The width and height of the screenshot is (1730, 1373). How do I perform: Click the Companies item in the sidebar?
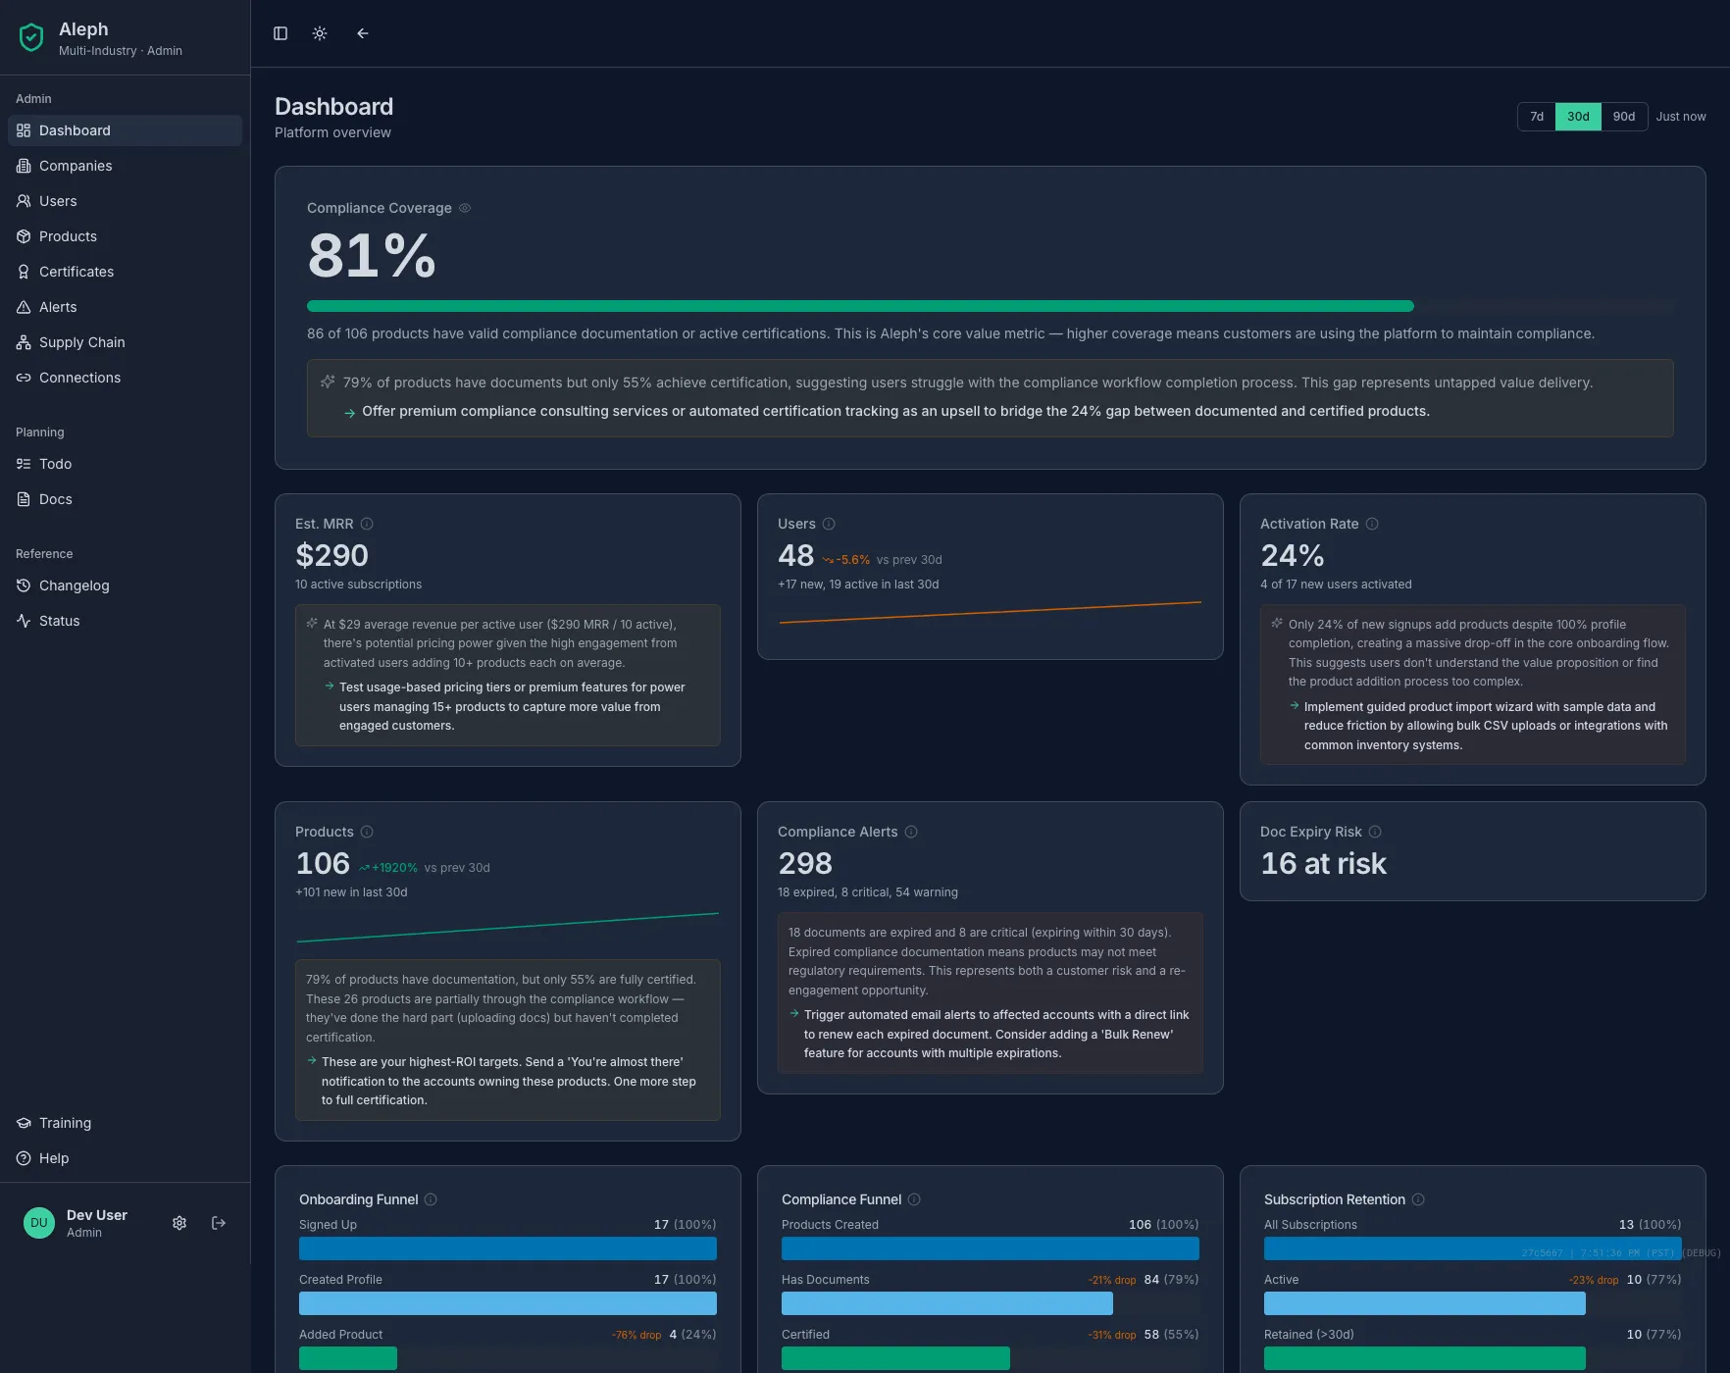click(76, 166)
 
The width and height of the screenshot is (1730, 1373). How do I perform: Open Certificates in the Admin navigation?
click(76, 272)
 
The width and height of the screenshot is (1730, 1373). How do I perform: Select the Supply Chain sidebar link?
click(81, 342)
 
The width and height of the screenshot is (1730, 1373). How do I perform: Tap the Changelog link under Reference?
click(74, 585)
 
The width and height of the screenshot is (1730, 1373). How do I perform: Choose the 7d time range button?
click(1537, 117)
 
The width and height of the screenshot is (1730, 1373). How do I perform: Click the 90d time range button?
click(1624, 117)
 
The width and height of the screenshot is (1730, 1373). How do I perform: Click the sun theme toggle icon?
click(320, 33)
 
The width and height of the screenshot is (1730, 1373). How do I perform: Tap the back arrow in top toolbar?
click(363, 33)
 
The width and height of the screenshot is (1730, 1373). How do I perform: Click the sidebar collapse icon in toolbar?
click(280, 33)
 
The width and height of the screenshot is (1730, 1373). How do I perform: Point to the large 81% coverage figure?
click(371, 256)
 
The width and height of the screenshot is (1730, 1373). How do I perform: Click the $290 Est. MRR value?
click(331, 556)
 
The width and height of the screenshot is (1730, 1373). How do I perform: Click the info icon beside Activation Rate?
click(1372, 524)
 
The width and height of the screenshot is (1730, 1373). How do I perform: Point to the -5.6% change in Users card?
click(851, 560)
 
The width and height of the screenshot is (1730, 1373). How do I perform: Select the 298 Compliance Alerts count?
click(804, 864)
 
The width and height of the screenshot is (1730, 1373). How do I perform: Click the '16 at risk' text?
click(1323, 864)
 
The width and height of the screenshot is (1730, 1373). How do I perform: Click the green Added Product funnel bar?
click(348, 1358)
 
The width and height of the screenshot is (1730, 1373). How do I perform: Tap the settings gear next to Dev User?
click(179, 1223)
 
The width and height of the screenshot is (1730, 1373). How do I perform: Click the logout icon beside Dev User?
click(219, 1223)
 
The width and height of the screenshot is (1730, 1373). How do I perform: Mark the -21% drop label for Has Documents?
click(1112, 1280)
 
